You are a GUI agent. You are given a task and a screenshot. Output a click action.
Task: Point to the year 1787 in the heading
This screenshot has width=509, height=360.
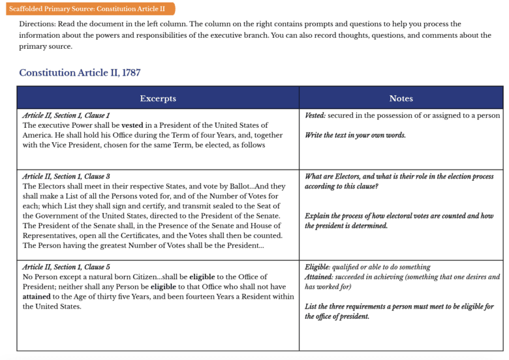coord(129,72)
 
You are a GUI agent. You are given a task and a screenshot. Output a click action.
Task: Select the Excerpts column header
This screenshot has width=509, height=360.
coord(157,98)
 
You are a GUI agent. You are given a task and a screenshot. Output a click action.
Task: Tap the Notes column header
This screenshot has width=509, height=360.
coord(401,98)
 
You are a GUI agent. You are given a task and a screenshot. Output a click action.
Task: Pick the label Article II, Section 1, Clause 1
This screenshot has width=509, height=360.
coord(66,115)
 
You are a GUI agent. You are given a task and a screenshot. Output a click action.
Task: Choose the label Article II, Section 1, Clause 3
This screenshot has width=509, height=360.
coord(66,177)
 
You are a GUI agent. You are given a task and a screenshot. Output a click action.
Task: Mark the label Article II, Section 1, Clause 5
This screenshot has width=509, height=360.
coord(66,267)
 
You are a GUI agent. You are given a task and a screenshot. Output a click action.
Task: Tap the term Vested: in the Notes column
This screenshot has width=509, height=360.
coord(315,115)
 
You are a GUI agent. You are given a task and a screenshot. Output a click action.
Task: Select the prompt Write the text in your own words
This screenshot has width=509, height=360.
coord(355,135)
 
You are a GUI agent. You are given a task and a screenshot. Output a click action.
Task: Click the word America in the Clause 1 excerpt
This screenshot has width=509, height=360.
coord(40,135)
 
